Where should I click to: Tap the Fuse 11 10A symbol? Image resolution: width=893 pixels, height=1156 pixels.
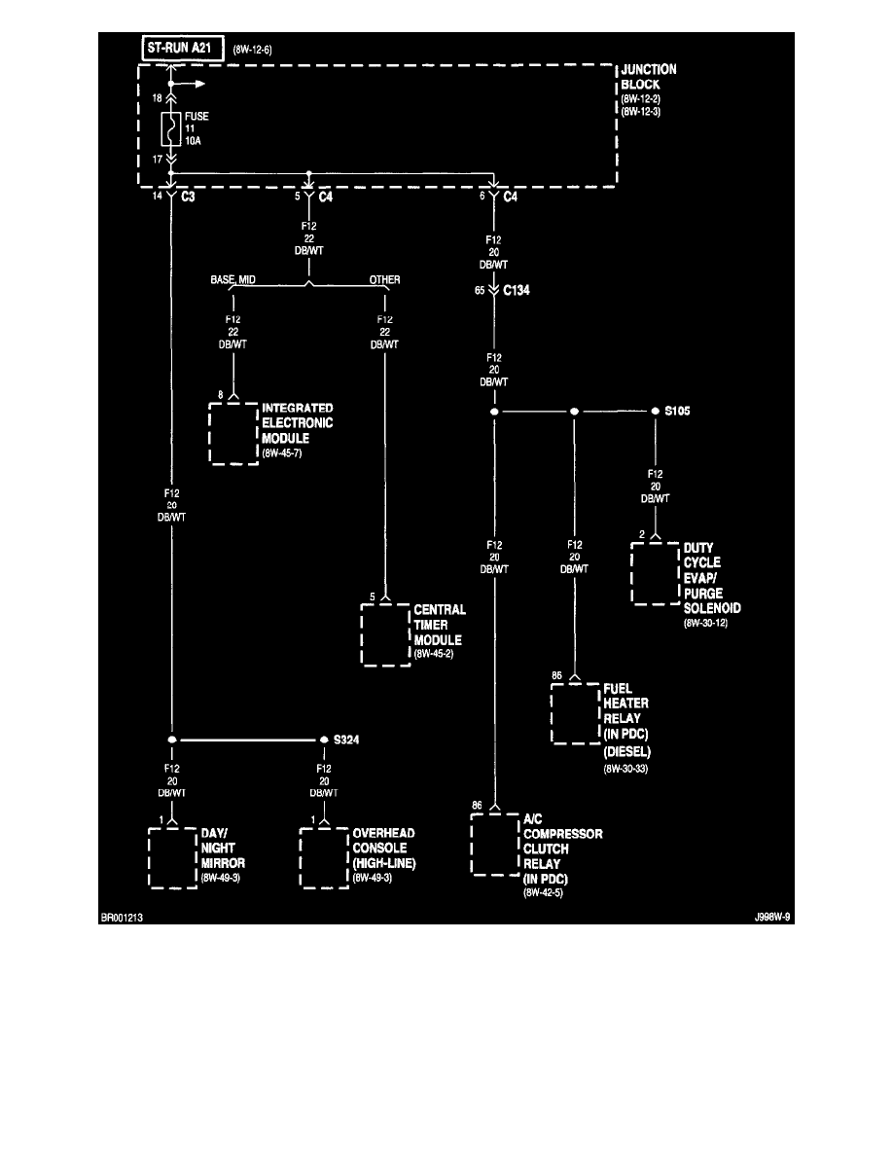click(x=171, y=127)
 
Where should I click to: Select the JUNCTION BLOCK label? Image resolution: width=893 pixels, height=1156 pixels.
click(x=648, y=77)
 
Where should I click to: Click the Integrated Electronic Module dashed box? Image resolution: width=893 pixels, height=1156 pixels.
click(x=234, y=432)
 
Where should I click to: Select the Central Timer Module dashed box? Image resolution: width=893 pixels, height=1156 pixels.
click(x=386, y=634)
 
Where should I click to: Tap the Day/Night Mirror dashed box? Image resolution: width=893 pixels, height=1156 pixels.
click(x=173, y=856)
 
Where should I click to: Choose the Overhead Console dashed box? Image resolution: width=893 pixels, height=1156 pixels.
click(x=324, y=856)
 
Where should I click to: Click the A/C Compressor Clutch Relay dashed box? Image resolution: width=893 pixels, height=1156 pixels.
click(x=495, y=845)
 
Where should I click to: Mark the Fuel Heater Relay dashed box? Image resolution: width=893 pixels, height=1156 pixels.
click(x=575, y=713)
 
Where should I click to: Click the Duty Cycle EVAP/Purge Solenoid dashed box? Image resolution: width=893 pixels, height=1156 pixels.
click(x=656, y=573)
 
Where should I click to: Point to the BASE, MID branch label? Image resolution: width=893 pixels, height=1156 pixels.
click(x=232, y=279)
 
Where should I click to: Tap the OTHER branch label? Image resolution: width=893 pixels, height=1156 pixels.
click(x=384, y=279)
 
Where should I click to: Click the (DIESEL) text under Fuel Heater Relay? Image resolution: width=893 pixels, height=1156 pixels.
click(x=627, y=751)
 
